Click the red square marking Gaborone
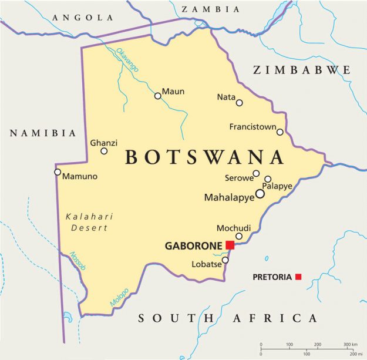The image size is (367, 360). (x=230, y=245)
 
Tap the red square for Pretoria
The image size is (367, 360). (x=298, y=277)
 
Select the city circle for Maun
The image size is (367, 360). (x=157, y=96)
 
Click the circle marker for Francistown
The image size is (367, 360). (x=280, y=132)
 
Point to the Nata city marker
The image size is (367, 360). (x=240, y=103)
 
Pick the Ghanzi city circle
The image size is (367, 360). (x=104, y=151)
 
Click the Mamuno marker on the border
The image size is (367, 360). (x=58, y=172)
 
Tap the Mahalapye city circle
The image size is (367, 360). (x=260, y=193)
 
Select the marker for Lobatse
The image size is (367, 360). (x=225, y=260)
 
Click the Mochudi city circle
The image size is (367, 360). (x=239, y=236)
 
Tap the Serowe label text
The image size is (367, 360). (x=238, y=177)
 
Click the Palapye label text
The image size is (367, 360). (x=277, y=186)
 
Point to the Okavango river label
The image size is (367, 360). (x=127, y=60)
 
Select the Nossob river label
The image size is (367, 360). (x=78, y=261)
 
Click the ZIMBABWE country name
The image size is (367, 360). (x=302, y=70)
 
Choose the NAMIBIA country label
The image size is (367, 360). (x=43, y=133)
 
